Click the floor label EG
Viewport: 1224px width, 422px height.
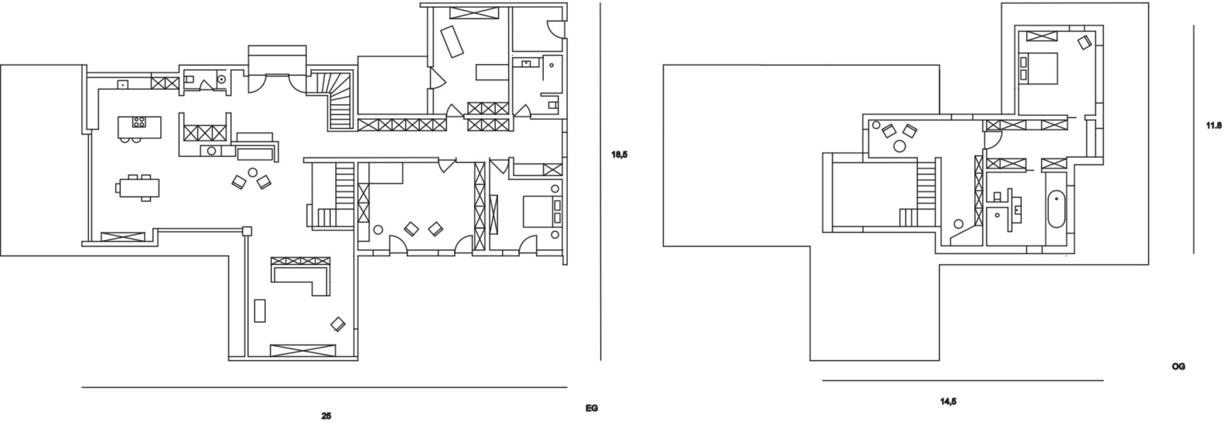click(x=591, y=408)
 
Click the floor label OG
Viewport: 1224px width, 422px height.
click(x=1178, y=366)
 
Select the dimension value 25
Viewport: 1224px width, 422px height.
click(x=326, y=416)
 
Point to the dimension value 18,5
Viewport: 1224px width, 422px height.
click(x=619, y=155)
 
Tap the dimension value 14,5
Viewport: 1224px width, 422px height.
click(x=948, y=402)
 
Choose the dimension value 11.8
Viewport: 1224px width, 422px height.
click(x=1214, y=125)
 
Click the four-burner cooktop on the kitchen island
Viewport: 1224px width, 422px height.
click(x=139, y=122)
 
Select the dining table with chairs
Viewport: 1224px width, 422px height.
click(x=137, y=187)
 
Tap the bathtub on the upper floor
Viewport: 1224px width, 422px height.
click(x=1056, y=209)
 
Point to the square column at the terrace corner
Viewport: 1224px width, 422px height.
click(x=246, y=231)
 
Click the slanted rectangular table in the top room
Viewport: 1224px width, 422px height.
click(x=452, y=41)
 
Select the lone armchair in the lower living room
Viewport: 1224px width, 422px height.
click(x=338, y=324)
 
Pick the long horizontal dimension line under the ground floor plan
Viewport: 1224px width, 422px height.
click(x=325, y=387)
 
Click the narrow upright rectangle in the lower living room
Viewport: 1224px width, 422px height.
click(x=259, y=310)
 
